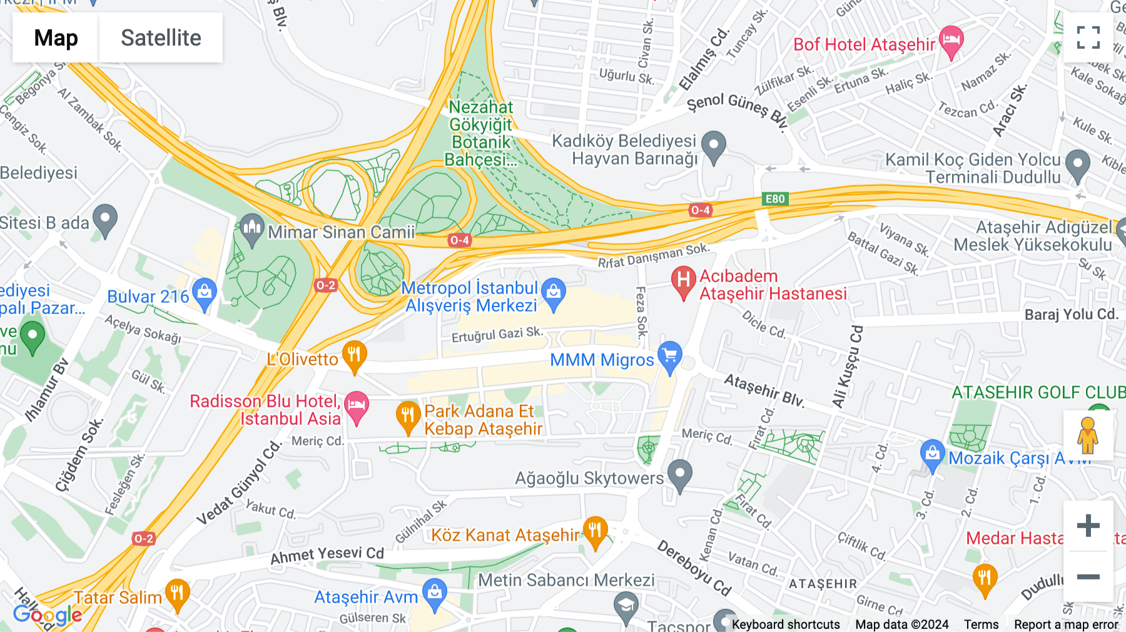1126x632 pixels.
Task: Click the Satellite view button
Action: (161, 38)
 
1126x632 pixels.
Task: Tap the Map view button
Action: (56, 38)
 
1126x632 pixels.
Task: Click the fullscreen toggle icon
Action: (1088, 38)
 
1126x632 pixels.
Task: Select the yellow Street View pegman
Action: (1088, 435)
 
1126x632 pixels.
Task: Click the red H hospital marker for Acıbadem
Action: (683, 280)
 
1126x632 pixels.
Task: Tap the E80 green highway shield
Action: (775, 199)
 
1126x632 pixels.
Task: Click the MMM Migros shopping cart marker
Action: (669, 355)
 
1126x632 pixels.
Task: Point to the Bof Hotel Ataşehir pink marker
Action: (951, 40)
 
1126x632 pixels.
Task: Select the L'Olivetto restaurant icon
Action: (354, 355)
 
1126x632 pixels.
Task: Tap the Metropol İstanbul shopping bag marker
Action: (553, 292)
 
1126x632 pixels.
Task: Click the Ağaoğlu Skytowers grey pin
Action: (679, 474)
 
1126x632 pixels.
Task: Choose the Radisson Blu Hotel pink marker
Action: (357, 405)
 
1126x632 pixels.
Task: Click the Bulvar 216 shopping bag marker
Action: (205, 292)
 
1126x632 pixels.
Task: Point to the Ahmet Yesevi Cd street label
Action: (327, 554)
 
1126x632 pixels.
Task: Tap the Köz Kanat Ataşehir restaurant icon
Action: (595, 531)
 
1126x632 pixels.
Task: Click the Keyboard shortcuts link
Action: (785, 624)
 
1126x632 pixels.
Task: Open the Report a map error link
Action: (1065, 624)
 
